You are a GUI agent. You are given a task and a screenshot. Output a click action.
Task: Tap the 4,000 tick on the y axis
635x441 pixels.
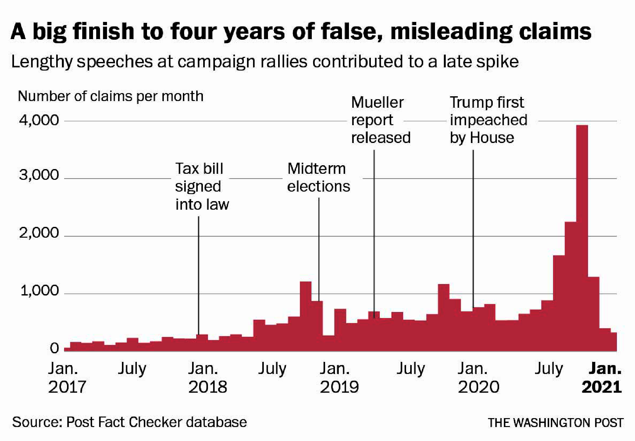(x=39, y=120)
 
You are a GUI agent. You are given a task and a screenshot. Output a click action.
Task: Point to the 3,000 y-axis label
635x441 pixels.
(x=39, y=175)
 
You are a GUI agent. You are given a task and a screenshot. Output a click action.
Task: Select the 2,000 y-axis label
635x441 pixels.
(x=39, y=233)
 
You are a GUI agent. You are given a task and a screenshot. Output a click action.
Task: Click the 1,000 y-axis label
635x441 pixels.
(x=39, y=291)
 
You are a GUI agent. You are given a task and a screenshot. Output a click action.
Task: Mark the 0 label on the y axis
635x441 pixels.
(x=54, y=349)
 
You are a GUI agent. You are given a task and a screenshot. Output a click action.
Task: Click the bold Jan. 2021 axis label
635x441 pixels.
(x=602, y=378)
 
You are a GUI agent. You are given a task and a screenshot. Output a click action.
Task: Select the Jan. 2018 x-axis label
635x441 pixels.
(x=207, y=378)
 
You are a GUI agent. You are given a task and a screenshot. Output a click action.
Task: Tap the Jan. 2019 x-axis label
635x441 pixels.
(x=339, y=378)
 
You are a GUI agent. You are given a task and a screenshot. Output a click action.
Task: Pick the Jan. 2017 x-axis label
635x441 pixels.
(x=67, y=378)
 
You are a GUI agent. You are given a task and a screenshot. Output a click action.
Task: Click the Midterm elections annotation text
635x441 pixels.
(x=318, y=177)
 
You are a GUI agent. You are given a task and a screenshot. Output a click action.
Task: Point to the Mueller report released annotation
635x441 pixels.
(x=380, y=120)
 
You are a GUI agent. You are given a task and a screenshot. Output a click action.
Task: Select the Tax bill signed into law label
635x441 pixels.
(x=201, y=187)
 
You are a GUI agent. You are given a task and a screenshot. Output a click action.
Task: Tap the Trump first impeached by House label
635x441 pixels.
(x=488, y=120)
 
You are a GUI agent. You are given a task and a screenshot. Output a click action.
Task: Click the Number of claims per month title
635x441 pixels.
(x=110, y=96)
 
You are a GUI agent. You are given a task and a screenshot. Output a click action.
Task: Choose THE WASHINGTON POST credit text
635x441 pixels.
(x=555, y=423)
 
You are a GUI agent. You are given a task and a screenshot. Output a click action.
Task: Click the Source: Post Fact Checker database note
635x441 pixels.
(x=129, y=422)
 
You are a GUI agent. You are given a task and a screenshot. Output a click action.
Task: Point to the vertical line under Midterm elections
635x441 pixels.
(x=319, y=248)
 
